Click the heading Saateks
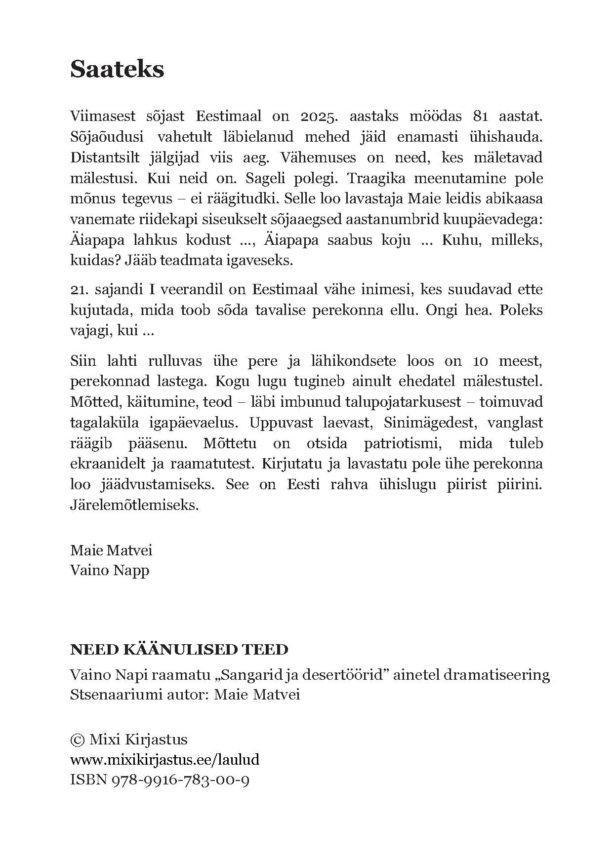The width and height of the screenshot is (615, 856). tap(117, 69)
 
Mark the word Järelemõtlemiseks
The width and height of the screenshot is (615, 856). tap(134, 506)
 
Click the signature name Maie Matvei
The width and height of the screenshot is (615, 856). tap(111, 550)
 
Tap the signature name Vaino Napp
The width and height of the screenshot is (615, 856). tap(110, 570)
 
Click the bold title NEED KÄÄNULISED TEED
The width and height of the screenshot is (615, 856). tap(179, 649)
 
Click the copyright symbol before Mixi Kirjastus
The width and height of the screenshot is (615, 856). tap(78, 739)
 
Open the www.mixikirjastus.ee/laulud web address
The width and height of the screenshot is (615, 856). tap(165, 760)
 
